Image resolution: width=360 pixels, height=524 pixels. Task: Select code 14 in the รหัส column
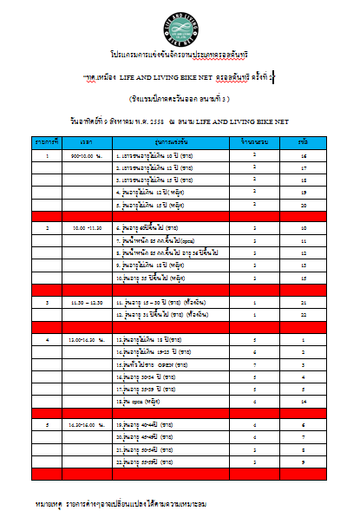click(304, 403)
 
